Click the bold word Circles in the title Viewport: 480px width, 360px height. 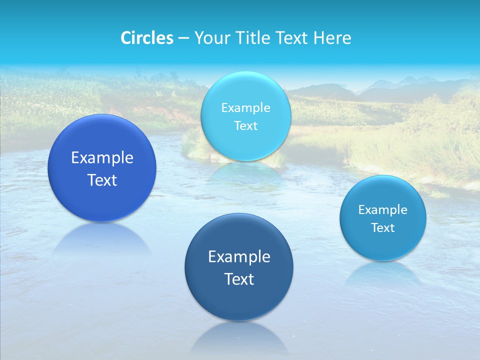click(x=146, y=37)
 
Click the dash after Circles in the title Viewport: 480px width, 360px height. click(x=183, y=38)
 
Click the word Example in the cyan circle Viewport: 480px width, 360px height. click(x=245, y=107)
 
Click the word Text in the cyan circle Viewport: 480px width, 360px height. click(x=245, y=125)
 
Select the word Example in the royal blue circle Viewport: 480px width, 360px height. click(x=102, y=157)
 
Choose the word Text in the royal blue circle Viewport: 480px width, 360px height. click(x=102, y=180)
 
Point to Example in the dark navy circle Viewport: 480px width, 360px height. click(x=239, y=256)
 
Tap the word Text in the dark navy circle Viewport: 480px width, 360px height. click(x=239, y=279)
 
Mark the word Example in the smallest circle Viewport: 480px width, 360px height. click(x=382, y=209)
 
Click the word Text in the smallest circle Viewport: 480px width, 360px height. click(x=382, y=227)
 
